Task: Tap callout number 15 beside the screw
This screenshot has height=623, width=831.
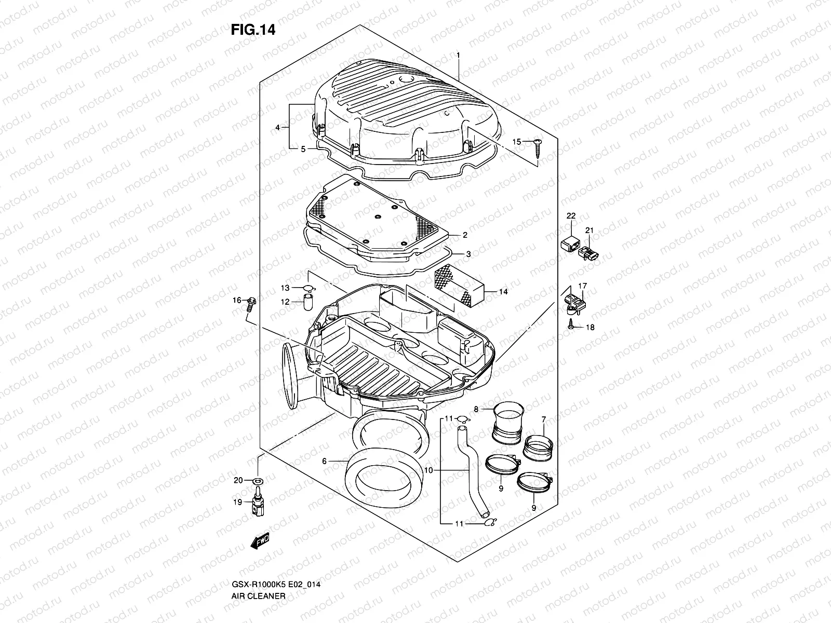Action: pos(516,142)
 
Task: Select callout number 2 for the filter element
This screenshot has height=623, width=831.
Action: pos(465,235)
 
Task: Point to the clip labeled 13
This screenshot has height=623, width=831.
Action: pos(309,289)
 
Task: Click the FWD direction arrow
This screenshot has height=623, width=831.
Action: pos(260,543)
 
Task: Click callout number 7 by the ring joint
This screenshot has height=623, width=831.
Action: pos(544,419)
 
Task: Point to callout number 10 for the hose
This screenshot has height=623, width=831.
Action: pos(428,470)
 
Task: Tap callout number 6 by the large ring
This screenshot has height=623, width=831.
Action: pos(324,461)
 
